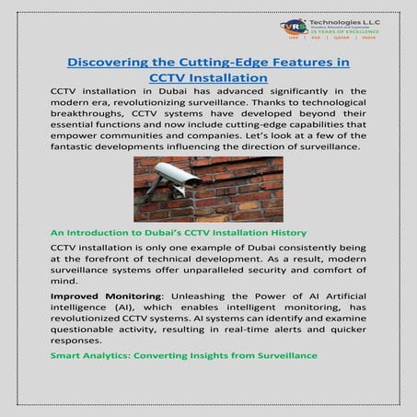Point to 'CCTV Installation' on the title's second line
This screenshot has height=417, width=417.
coord(208,78)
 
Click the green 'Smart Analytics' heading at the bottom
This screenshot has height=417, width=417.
coord(184,354)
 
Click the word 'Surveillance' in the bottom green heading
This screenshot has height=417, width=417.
coord(275,354)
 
